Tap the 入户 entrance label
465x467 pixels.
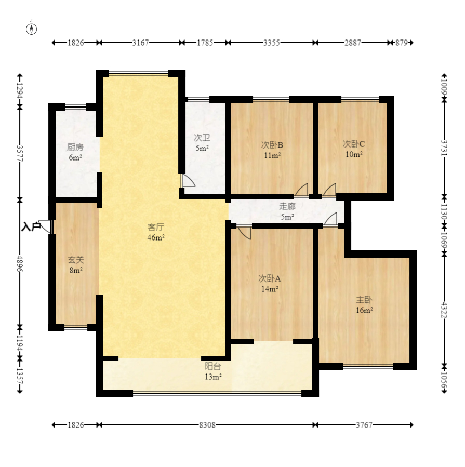[31, 227]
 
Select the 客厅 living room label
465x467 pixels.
[156, 227]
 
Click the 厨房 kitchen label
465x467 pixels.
[75, 147]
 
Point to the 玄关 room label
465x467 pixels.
[76, 260]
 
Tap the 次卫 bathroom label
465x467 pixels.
[202, 138]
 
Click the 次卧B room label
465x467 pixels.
[272, 145]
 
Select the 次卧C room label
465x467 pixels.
[354, 144]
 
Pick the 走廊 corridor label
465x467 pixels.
[287, 206]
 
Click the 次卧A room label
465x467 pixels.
[270, 278]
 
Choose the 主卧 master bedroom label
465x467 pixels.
[364, 300]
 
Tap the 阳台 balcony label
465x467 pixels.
[212, 366]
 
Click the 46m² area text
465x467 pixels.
[156, 237]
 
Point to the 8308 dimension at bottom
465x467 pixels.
[207, 425]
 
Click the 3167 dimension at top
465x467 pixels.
[140, 43]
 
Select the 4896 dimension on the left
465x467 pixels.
[20, 263]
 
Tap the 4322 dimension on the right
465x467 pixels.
[444, 310]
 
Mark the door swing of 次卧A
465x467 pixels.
[245, 233]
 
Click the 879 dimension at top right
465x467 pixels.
[401, 43]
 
